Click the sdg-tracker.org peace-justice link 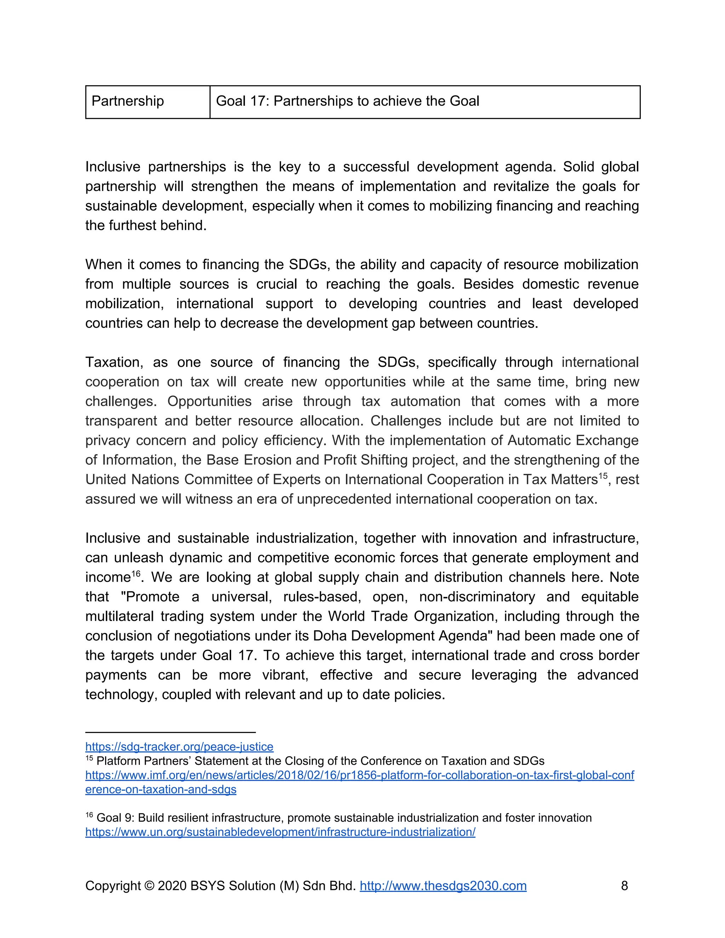[x=179, y=747]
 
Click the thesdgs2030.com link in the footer [x=443, y=886]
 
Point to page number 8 [x=624, y=886]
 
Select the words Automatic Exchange [x=573, y=441]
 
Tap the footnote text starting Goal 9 [x=344, y=818]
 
